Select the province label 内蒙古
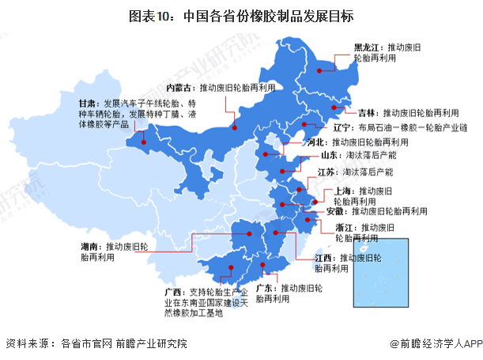pos(180,87)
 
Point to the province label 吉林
pos(366,112)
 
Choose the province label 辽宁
pos(341,127)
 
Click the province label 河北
pos(317,142)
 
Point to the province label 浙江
pos(345,226)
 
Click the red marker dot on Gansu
pos(143,144)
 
